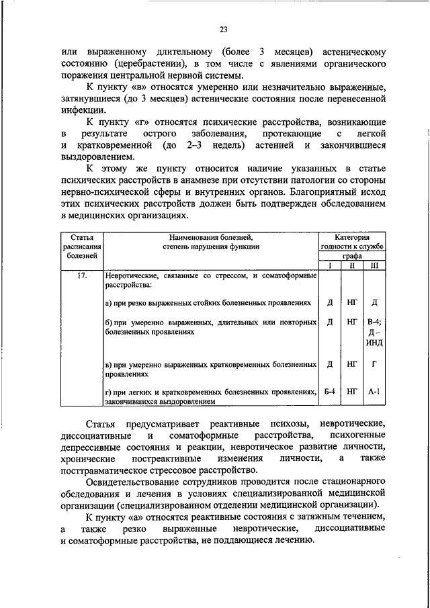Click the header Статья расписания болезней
pyautogui.click(x=81, y=247)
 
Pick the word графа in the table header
pyautogui.click(x=351, y=256)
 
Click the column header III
pyautogui.click(x=374, y=265)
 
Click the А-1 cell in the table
pyautogui.click(x=374, y=390)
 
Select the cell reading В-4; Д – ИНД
pyautogui.click(x=374, y=332)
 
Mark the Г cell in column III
pyautogui.click(x=374, y=364)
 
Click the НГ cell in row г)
pyautogui.click(x=352, y=390)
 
